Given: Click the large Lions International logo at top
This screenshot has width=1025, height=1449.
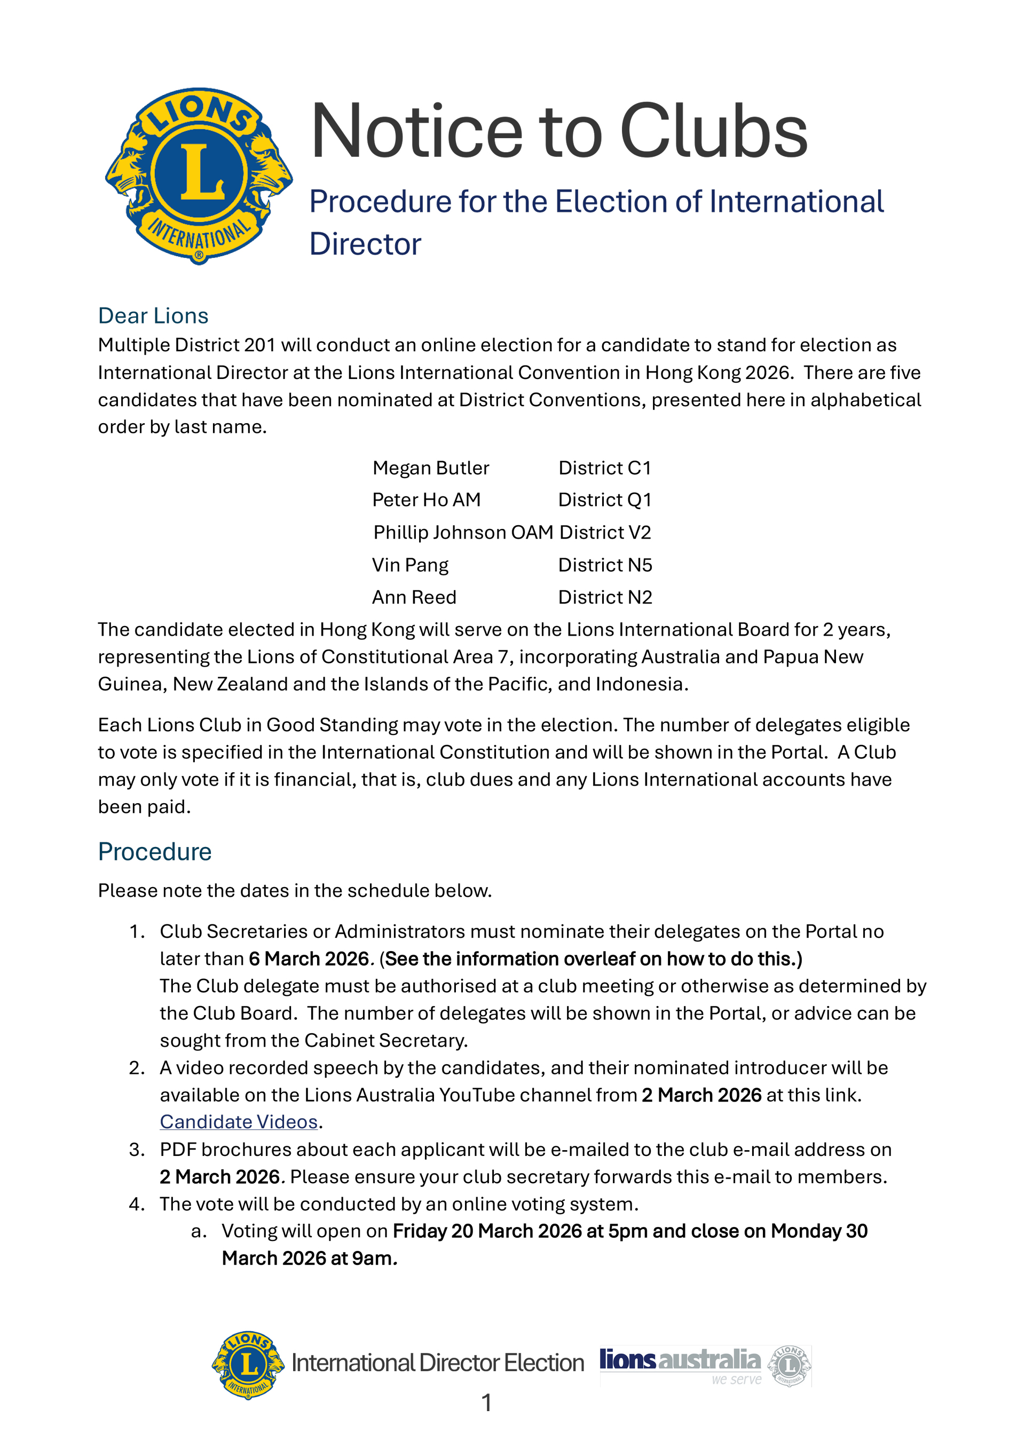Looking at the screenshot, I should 199,176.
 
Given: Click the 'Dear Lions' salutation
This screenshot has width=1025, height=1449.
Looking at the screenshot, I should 153,315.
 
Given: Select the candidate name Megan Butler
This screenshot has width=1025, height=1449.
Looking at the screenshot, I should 430,468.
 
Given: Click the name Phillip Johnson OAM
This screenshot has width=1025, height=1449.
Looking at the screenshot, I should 463,532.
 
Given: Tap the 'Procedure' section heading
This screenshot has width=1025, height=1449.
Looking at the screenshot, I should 155,851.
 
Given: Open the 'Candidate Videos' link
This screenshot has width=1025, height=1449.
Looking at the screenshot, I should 239,1121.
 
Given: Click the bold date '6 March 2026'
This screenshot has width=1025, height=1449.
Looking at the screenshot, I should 309,959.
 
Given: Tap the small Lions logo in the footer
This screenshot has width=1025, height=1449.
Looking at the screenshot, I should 248,1365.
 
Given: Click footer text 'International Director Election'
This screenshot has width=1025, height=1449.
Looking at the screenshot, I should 437,1363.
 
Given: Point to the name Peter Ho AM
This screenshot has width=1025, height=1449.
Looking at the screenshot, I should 426,500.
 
